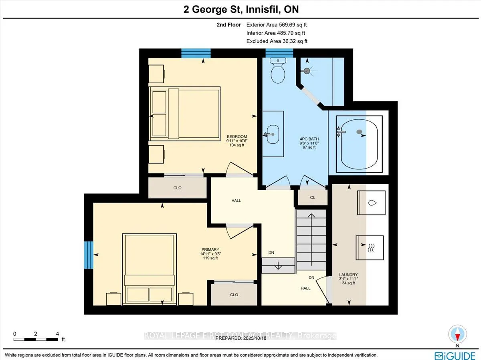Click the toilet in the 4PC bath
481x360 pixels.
(278, 70)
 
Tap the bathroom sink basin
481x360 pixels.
(273, 135)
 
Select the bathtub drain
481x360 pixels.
(359, 132)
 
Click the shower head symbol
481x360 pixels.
(307, 71)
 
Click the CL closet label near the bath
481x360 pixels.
(313, 197)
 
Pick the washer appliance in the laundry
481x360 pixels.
(371, 203)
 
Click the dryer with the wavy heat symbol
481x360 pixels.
(370, 248)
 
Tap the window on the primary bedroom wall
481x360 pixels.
(89, 255)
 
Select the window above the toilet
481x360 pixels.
(279, 53)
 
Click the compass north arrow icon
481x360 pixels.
(457, 334)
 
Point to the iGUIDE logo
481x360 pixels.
(455, 356)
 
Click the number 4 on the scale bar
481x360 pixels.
(57, 334)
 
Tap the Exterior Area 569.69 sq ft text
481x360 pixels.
(277, 25)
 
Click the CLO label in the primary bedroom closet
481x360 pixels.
(234, 295)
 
